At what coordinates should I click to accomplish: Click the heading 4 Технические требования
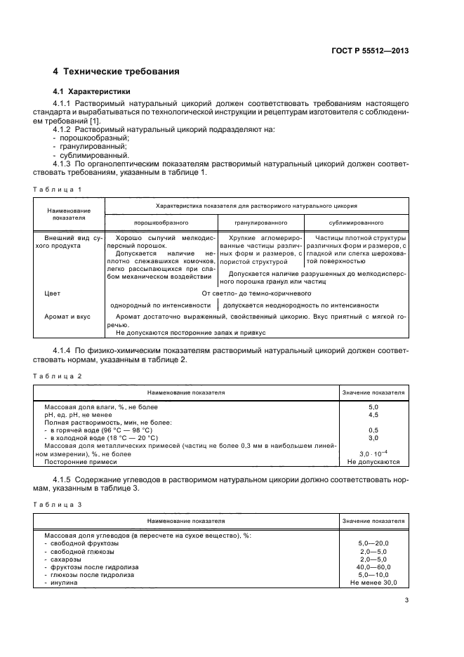click(116, 72)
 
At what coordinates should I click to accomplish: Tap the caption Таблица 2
click(59, 376)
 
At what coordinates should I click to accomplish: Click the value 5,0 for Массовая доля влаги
click(373, 406)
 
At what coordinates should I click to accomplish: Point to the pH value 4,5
click(373, 414)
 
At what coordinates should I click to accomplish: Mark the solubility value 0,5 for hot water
click(373, 430)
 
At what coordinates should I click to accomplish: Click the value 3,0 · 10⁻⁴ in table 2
click(373, 454)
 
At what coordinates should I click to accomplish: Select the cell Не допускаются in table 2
click(373, 462)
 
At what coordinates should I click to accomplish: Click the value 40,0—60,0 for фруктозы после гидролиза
click(373, 566)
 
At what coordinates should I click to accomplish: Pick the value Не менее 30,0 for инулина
click(373, 583)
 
